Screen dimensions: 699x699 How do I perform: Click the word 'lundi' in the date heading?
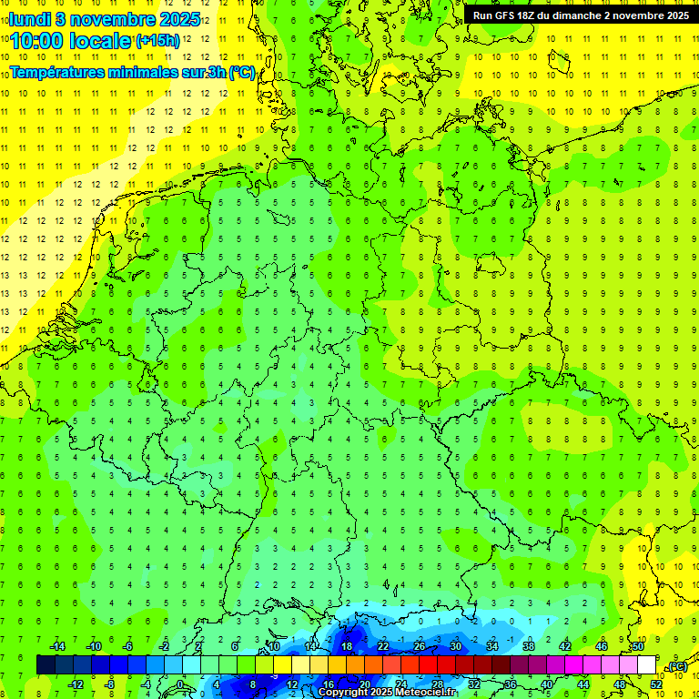pyautogui.click(x=30, y=18)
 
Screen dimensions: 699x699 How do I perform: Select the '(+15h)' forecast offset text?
pyautogui.click(x=157, y=41)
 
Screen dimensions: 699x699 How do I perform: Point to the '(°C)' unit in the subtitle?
pyautogui.click(x=242, y=72)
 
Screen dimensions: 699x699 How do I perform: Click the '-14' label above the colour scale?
pyautogui.click(x=56, y=646)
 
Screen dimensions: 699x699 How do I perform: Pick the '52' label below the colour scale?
pyautogui.click(x=655, y=684)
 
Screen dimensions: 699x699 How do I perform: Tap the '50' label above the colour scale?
pyautogui.click(x=638, y=646)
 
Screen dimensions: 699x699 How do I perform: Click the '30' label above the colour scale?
pyautogui.click(x=456, y=646)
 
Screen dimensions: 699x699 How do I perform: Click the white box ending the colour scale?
pyautogui.click(x=646, y=665)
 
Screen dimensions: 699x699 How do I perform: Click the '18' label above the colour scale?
pyautogui.click(x=347, y=646)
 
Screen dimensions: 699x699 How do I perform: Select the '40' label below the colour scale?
pyautogui.click(x=546, y=684)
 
